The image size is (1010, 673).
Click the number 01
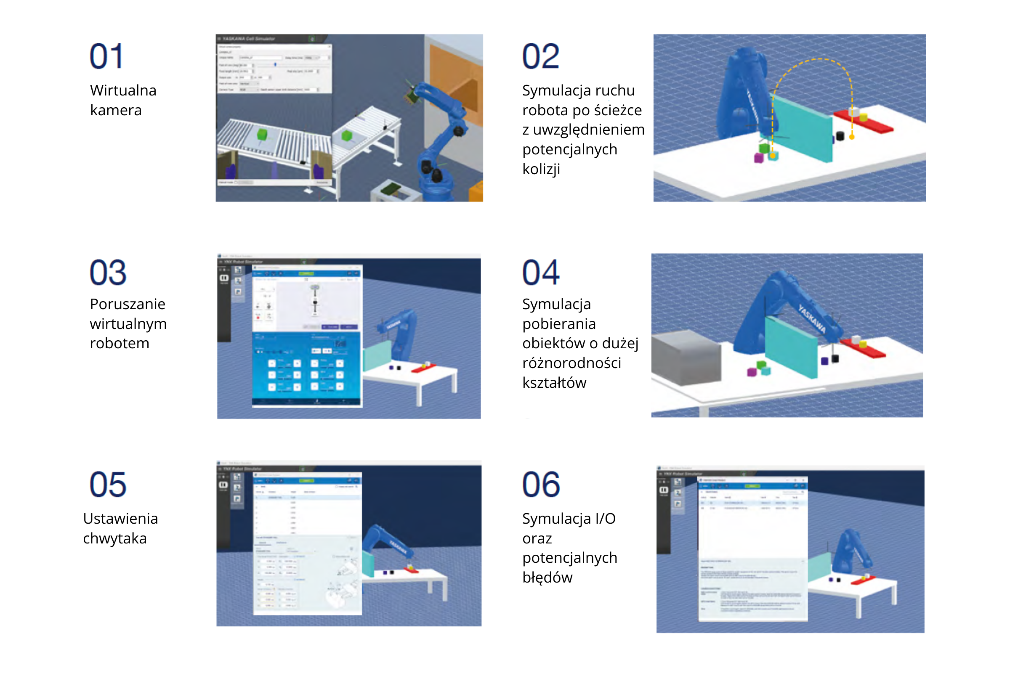point(106,56)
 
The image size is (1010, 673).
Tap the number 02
point(541,56)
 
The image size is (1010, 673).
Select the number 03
point(108,273)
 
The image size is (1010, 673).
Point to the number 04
point(541,273)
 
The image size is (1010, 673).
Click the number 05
point(108,485)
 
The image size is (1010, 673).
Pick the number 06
point(541,485)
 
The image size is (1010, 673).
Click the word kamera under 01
point(116,110)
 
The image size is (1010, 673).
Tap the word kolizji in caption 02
point(541,169)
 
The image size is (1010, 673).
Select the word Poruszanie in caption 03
point(128,304)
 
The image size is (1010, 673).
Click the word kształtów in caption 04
point(554,382)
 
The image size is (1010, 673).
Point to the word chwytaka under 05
point(114,538)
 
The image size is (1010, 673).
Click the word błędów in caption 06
point(547,578)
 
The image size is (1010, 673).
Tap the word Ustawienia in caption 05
point(120,519)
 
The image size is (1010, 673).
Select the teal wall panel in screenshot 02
point(803,129)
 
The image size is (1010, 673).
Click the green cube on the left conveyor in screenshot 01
point(262,134)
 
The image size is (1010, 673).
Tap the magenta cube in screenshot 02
point(759,158)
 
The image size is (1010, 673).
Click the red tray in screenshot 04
point(863,348)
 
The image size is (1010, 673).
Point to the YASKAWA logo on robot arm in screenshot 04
point(812,318)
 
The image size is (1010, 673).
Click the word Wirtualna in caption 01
point(123,90)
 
